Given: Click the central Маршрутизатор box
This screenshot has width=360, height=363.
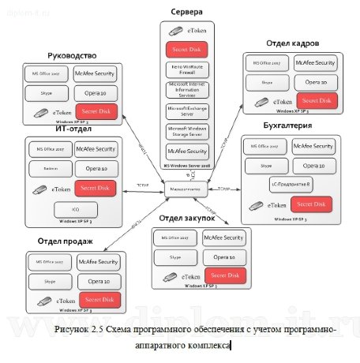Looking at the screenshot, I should click(186, 188).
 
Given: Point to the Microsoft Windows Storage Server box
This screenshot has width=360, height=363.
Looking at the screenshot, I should click(187, 131).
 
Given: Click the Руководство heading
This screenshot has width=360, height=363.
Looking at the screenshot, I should click(72, 56).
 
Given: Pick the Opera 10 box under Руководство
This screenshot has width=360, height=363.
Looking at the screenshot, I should click(96, 92).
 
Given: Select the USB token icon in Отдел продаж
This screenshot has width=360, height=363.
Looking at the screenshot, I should click(42, 300).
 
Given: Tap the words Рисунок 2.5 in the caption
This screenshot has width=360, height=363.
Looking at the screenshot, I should click(82, 329).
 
